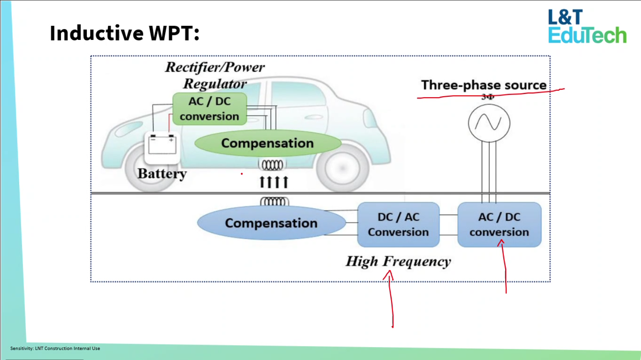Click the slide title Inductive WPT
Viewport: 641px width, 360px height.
pos(125,33)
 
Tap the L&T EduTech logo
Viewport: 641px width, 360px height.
pos(587,27)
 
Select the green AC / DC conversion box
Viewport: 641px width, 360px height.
pos(210,109)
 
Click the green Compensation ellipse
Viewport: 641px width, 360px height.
pos(268,143)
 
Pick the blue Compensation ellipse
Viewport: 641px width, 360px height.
pos(271,223)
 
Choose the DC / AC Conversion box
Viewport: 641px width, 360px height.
pos(398,224)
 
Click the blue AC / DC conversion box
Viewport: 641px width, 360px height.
pos(499,224)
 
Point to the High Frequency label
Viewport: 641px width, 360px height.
pos(398,262)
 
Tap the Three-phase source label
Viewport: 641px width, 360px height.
pos(484,85)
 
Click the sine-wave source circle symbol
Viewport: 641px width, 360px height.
pos(489,123)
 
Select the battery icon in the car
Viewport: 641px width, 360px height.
pos(162,146)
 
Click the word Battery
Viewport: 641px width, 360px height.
pos(162,174)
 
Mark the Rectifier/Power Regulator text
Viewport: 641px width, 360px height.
pos(215,75)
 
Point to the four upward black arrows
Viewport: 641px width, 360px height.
pos(274,182)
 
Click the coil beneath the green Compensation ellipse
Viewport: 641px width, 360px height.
pos(272,165)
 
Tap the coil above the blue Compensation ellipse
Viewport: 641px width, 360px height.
pos(274,202)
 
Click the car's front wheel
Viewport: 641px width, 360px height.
pos(342,168)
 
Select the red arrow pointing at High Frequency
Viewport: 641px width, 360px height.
pos(390,297)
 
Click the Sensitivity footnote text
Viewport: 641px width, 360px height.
pos(55,348)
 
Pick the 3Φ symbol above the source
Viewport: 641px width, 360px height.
pos(488,97)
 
